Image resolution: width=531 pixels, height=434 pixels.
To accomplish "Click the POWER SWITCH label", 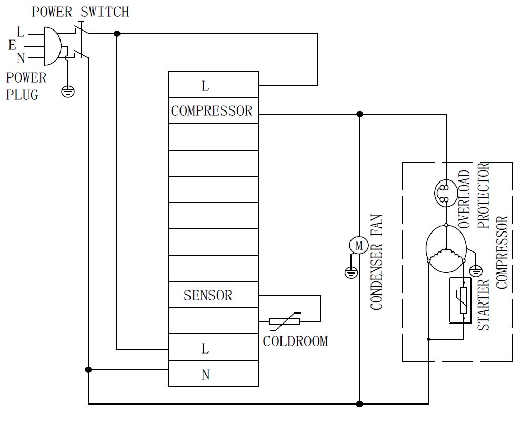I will click(80, 12).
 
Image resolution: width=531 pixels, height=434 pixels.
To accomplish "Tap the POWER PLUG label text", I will click(26, 86).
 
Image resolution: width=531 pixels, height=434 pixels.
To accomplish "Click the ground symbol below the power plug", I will click(67, 92).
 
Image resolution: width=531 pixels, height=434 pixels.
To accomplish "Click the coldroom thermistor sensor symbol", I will click(284, 321).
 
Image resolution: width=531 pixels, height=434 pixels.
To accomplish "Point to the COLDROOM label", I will click(295, 341).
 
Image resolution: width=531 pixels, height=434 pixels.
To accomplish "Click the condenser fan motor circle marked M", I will click(359, 245).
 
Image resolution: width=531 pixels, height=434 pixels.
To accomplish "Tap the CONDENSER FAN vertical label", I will click(377, 261).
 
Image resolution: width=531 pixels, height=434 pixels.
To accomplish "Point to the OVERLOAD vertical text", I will click(464, 199).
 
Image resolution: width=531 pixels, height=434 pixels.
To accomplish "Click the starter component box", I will click(463, 300).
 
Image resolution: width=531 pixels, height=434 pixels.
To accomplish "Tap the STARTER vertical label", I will click(483, 305).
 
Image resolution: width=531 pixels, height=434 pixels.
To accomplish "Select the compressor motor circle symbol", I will click(446, 248).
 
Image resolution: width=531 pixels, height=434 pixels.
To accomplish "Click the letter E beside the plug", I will click(12, 46).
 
